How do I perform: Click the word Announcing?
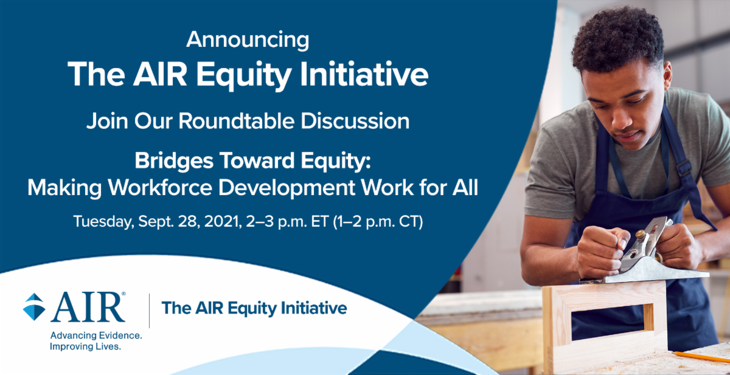tap(248, 40)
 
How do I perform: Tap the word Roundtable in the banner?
tap(237, 121)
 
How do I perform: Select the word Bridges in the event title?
tap(174, 161)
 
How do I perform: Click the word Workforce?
tap(160, 187)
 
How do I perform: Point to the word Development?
tap(287, 188)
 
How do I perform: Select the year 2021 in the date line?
tap(223, 222)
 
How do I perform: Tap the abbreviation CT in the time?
tap(411, 222)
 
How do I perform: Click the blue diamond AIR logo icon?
tap(34, 307)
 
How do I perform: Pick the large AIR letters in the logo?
tap(88, 307)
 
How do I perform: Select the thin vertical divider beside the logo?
tap(149, 311)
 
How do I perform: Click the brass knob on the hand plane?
tap(641, 234)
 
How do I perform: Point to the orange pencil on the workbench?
tap(701, 357)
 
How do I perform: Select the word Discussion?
tap(355, 121)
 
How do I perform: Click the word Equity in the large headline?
tap(244, 75)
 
